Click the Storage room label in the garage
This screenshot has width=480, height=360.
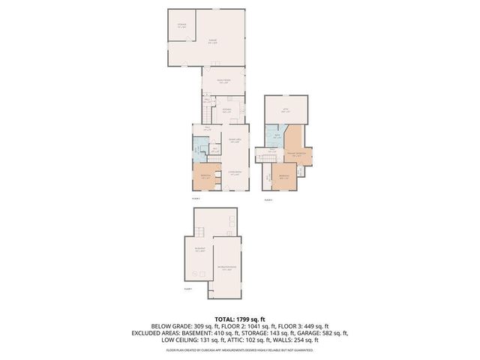[x=181, y=26]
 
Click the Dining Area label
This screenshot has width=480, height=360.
[x=233, y=140]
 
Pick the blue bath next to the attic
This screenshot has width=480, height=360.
[x=277, y=136]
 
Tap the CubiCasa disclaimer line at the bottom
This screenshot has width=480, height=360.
[x=240, y=349]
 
